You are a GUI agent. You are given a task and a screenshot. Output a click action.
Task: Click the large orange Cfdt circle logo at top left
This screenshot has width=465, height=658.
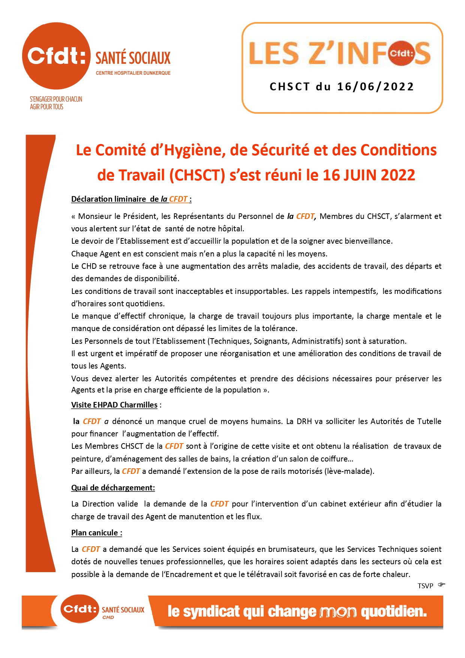point(56,56)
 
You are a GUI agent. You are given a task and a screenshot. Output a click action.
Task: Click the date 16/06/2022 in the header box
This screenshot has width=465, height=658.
point(375,87)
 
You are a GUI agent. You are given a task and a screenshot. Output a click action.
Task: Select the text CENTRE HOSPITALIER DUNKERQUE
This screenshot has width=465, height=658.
point(133,73)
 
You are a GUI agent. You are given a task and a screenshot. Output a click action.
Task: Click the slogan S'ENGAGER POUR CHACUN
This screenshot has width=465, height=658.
point(56,99)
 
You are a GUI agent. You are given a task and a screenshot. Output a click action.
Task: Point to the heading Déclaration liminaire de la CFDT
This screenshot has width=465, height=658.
point(131,199)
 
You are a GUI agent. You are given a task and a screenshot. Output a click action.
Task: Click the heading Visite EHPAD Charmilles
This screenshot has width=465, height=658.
point(114,405)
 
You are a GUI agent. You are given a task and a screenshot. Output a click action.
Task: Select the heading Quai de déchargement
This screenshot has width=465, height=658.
point(113,488)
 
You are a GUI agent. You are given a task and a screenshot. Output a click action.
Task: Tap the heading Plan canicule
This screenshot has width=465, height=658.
point(96,533)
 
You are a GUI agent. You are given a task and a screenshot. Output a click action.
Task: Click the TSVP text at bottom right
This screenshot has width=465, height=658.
point(425,586)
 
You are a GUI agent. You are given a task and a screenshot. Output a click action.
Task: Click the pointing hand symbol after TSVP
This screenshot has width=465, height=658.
point(441,585)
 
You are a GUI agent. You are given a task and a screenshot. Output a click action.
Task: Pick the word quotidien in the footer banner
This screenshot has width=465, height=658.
point(394,612)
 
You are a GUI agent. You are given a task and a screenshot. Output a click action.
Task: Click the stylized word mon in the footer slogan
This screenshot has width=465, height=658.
point(338,612)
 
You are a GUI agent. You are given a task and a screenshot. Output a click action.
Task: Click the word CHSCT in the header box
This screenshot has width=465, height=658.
point(289,87)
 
